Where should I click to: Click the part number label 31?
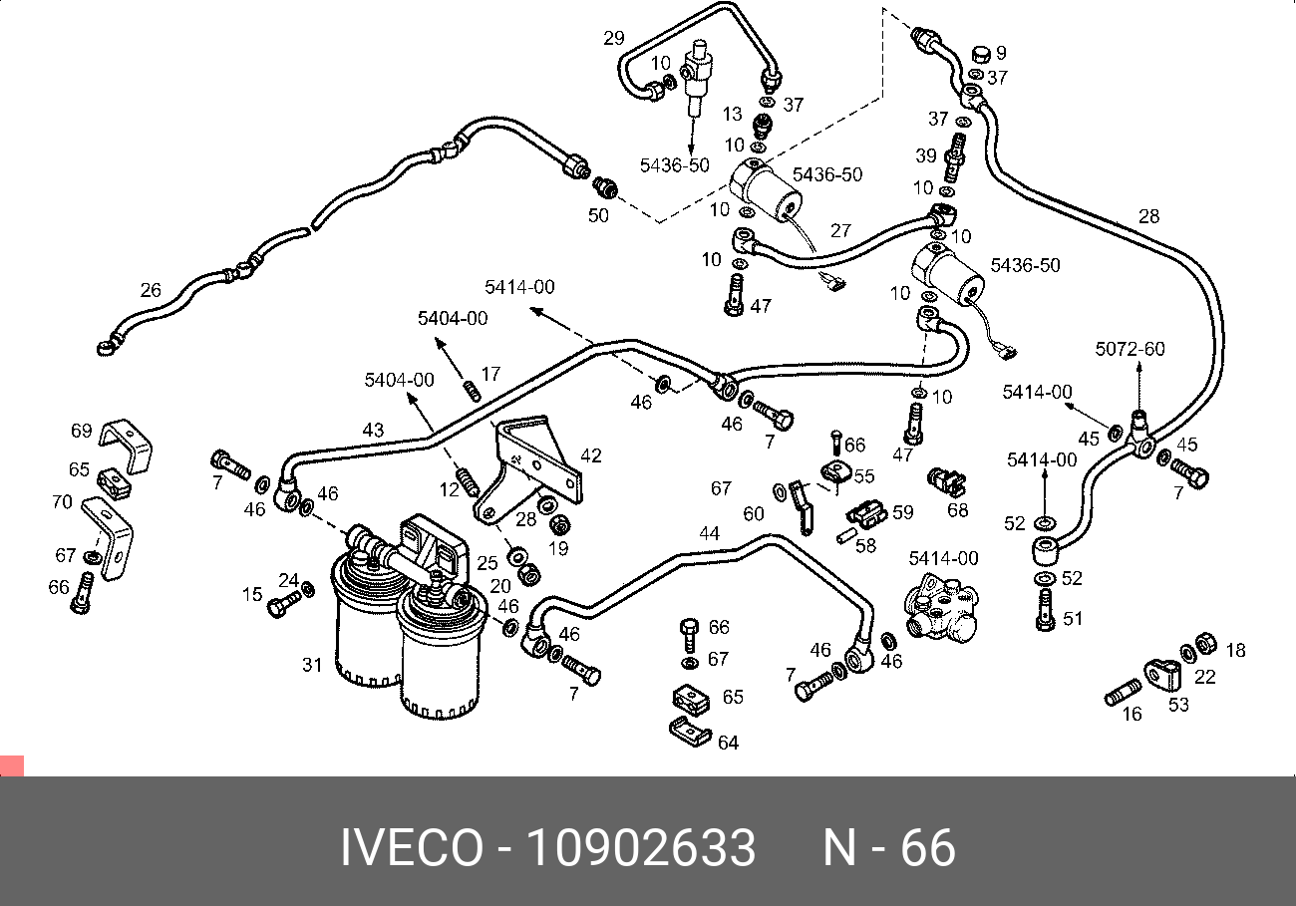[312, 665]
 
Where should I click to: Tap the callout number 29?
[614, 38]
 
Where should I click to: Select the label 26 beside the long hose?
[151, 290]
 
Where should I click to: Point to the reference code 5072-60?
[1130, 349]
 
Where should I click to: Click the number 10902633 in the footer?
[641, 847]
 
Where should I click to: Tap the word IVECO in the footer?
[412, 847]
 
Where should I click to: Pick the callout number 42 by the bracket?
[591, 455]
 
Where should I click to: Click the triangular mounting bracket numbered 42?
[529, 468]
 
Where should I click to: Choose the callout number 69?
[82, 431]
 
